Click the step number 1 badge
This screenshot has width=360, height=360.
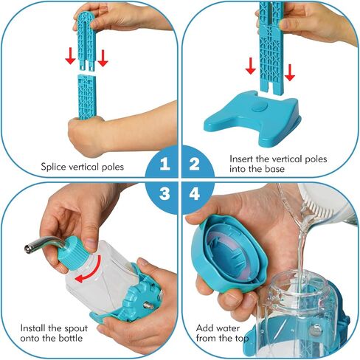pyautogui.click(x=165, y=164)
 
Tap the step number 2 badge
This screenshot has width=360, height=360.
pyautogui.click(x=194, y=164)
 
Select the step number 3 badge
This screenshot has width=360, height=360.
pyautogui.click(x=165, y=194)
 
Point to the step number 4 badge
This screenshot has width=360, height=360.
pyautogui.click(x=195, y=194)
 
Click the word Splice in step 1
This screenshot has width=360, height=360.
pyautogui.click(x=53, y=167)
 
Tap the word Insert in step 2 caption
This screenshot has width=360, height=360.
pyautogui.click(x=241, y=159)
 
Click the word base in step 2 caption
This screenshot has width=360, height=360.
pyautogui.click(x=274, y=169)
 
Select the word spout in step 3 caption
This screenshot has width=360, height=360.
pyautogui.click(x=75, y=328)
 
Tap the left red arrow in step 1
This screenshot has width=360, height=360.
pyautogui.click(x=70, y=56)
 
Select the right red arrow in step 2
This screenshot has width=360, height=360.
pyautogui.click(x=290, y=72)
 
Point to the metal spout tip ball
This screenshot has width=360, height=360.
pyautogui.click(x=28, y=249)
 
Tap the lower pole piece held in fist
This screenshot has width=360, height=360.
pyautogui.click(x=86, y=97)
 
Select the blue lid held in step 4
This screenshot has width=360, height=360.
pyautogui.click(x=228, y=253)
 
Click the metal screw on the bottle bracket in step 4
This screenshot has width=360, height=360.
pyautogui.click(x=315, y=330)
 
